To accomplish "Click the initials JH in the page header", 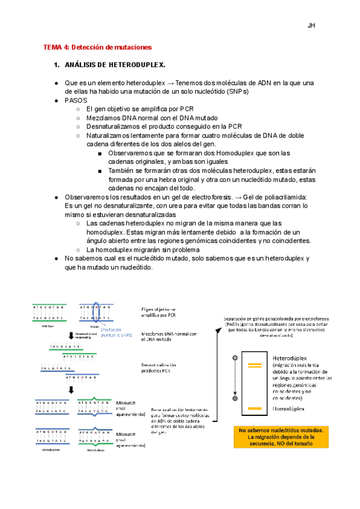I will tap(311, 26).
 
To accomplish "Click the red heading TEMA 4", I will tap(97, 47).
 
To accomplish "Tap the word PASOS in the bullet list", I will tap(76, 101).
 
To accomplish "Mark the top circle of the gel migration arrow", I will tap(235, 358).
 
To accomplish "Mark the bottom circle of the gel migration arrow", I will tap(235, 398).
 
